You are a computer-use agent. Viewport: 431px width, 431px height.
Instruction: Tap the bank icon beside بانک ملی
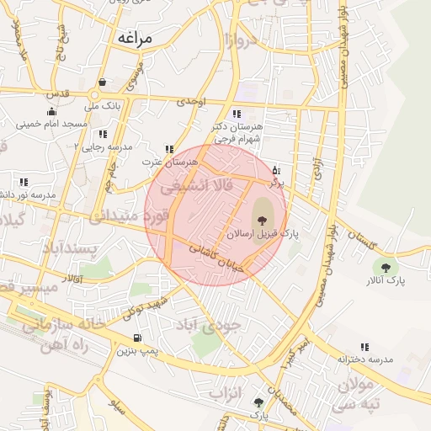pyautogui.click(x=102, y=82)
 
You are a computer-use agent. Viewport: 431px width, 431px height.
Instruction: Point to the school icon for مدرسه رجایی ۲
pyautogui.click(x=102, y=134)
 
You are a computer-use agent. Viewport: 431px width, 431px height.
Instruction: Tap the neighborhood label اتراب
pyautogui.click(x=247, y=392)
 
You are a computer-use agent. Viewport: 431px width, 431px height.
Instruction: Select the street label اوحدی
pyautogui.click(x=191, y=102)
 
